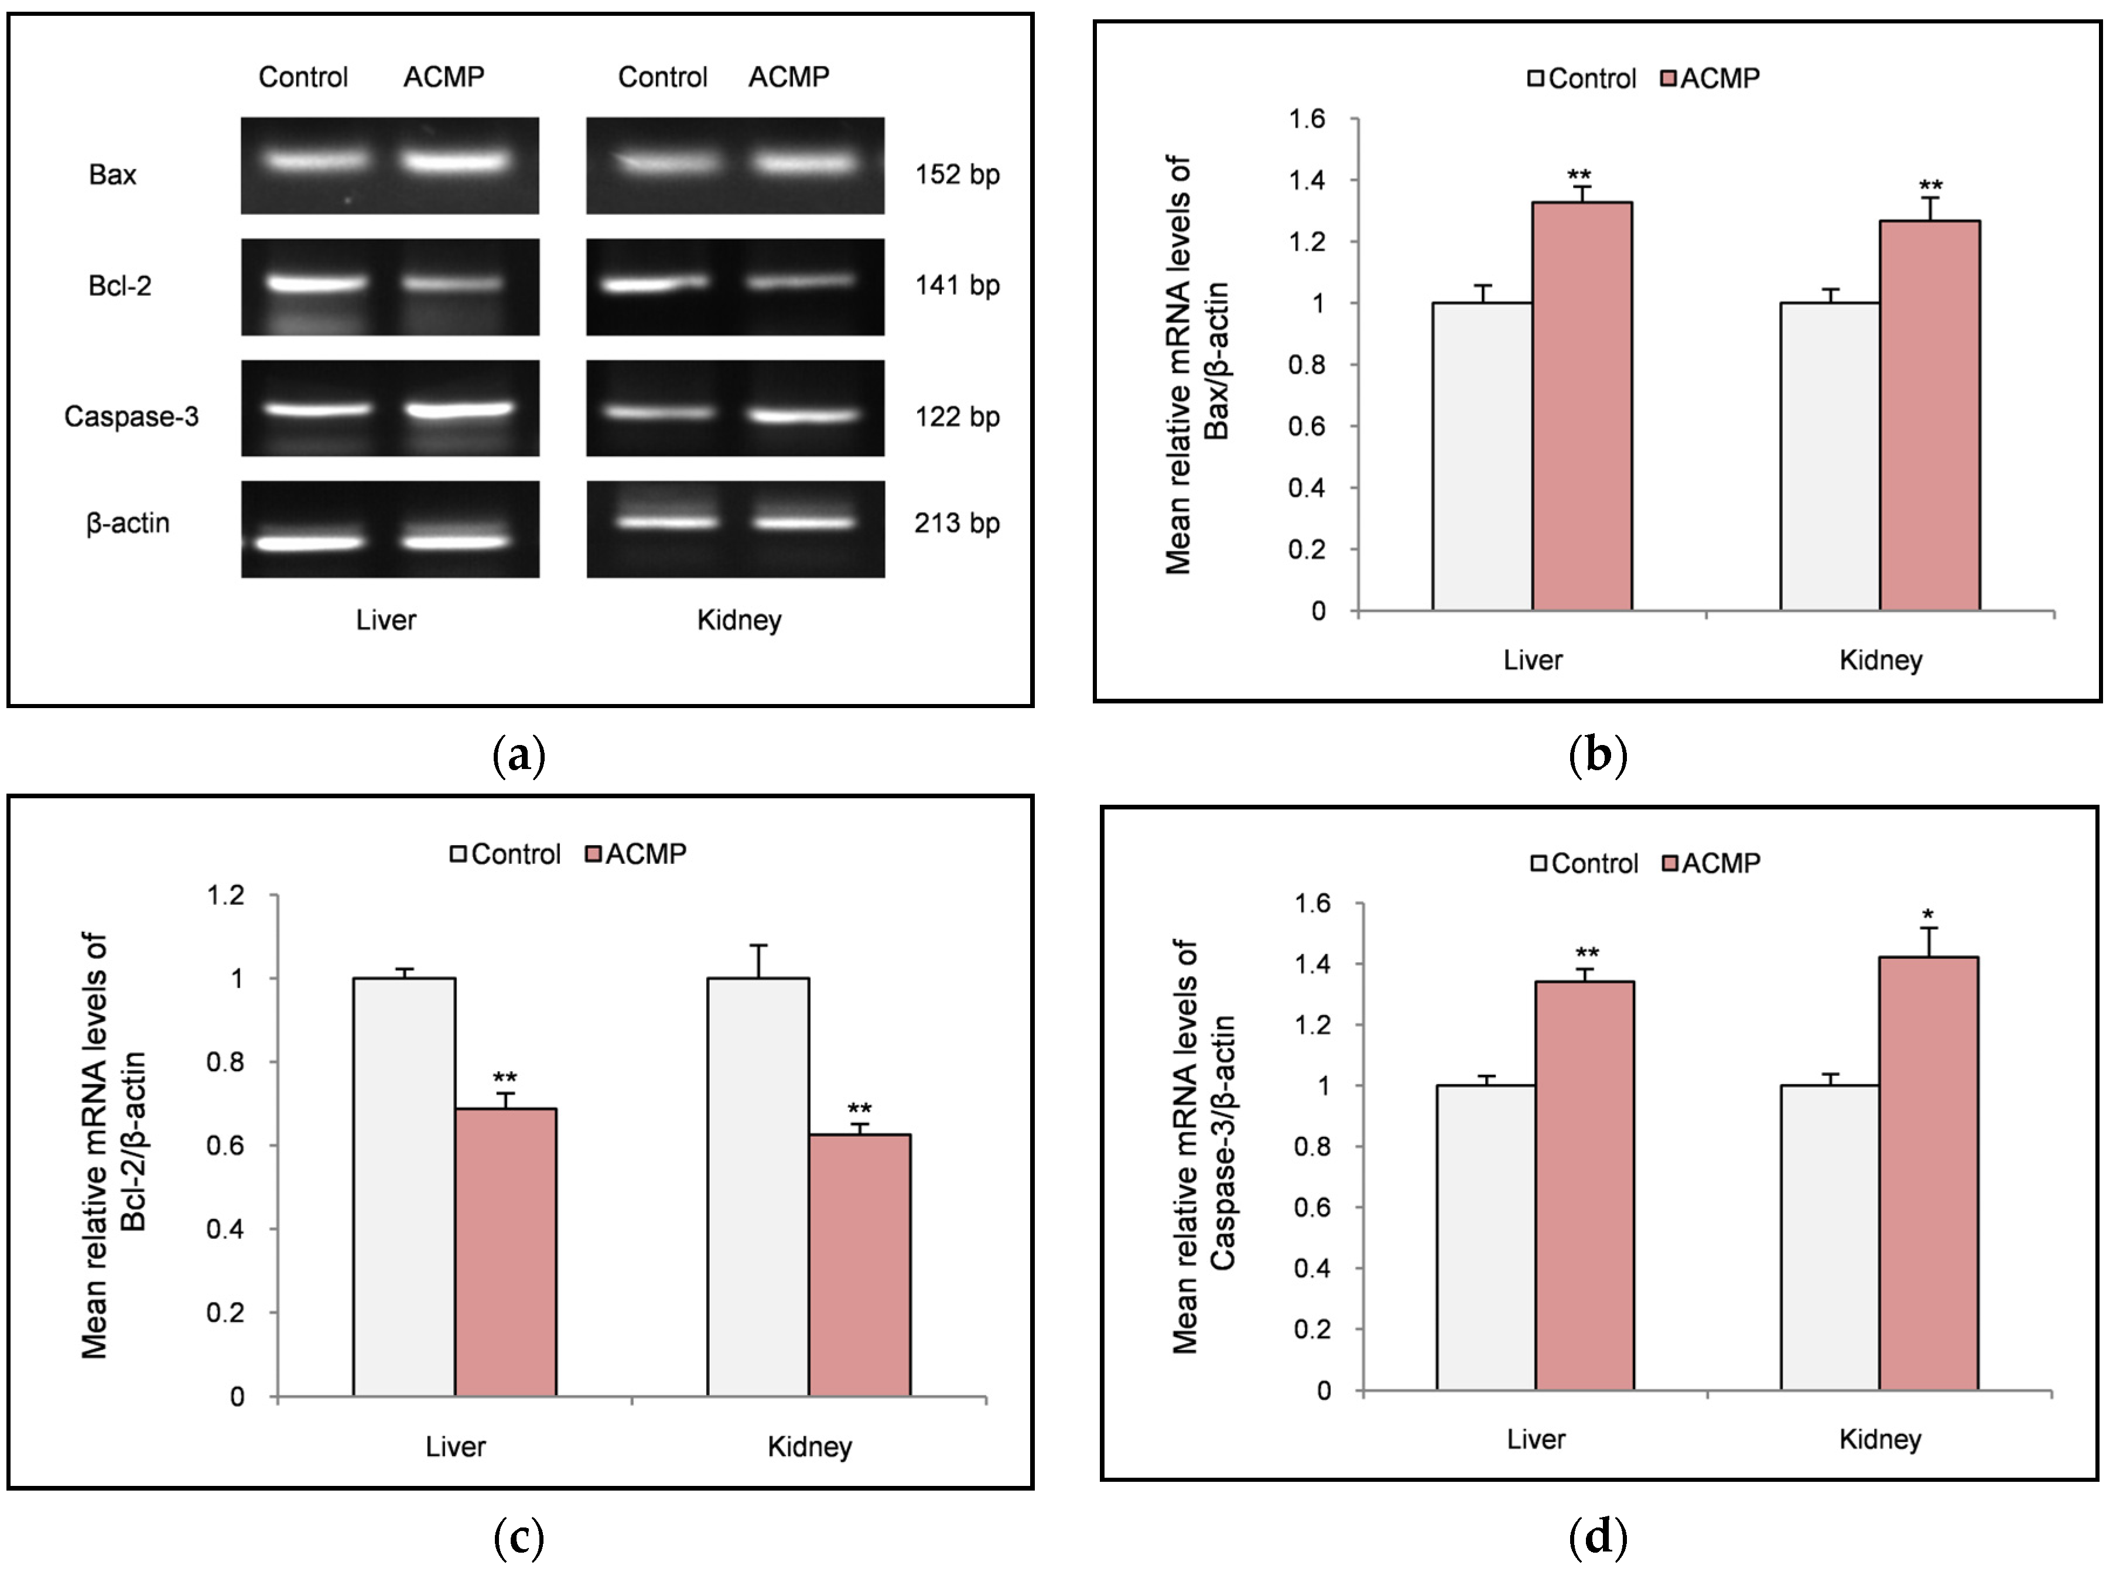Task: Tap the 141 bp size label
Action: (x=956, y=285)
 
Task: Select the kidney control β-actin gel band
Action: (x=666, y=521)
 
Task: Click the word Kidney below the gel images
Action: (x=739, y=620)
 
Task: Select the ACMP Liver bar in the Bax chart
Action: (x=1581, y=409)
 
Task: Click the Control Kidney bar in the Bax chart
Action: (x=1830, y=457)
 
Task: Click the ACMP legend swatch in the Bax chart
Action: (x=1668, y=78)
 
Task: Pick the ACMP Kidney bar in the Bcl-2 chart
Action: (x=859, y=1266)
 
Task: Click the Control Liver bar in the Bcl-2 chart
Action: (x=404, y=1190)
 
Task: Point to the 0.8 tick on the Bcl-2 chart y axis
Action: (x=225, y=1061)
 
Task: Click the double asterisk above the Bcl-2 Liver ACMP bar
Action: (x=504, y=1078)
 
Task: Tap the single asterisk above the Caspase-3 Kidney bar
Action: (x=1927, y=917)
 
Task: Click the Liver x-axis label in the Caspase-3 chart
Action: (x=1536, y=1439)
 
